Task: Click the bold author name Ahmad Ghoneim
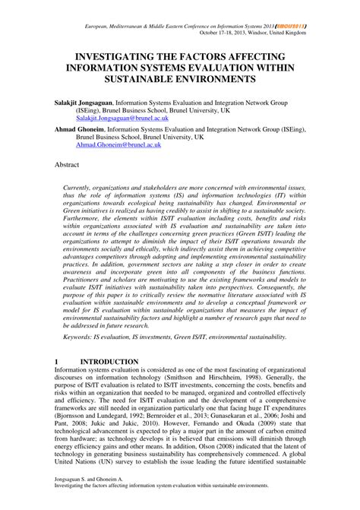[x=78, y=129]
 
